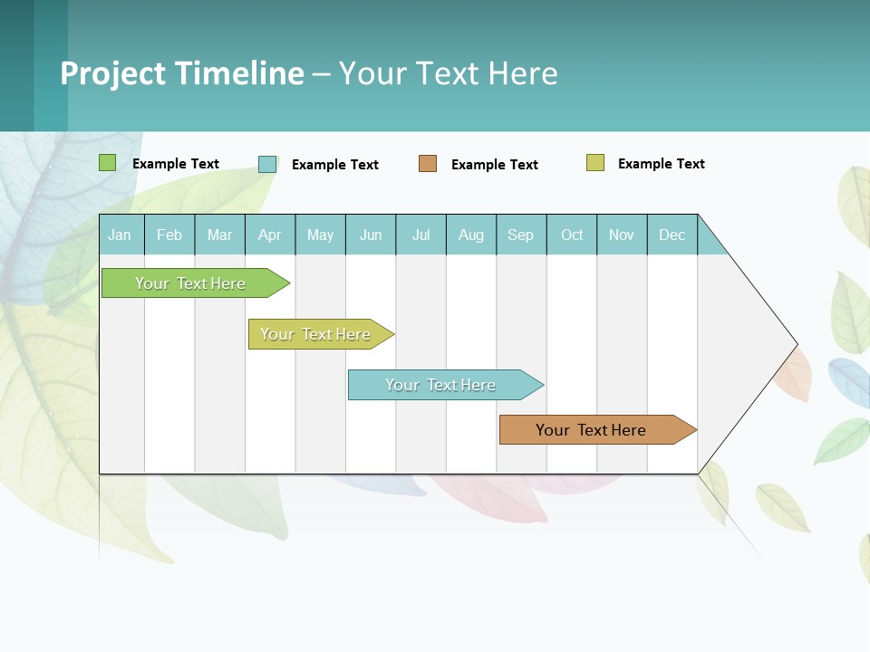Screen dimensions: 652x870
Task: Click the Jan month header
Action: click(121, 235)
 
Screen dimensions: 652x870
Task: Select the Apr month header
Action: click(270, 235)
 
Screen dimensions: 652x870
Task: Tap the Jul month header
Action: click(420, 235)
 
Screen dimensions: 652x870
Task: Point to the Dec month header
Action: click(672, 235)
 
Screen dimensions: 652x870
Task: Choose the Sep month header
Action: click(521, 235)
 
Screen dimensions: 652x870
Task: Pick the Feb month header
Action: click(169, 235)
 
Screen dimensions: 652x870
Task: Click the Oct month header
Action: click(572, 235)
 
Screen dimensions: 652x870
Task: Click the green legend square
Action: click(108, 163)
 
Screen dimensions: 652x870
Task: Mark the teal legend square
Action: click(267, 164)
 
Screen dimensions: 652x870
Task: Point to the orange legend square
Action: click(428, 164)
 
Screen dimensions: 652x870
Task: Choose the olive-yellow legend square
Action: click(595, 163)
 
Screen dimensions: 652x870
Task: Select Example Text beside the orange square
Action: click(495, 165)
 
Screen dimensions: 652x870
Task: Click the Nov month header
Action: click(622, 235)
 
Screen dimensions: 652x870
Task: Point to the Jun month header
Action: click(371, 235)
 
